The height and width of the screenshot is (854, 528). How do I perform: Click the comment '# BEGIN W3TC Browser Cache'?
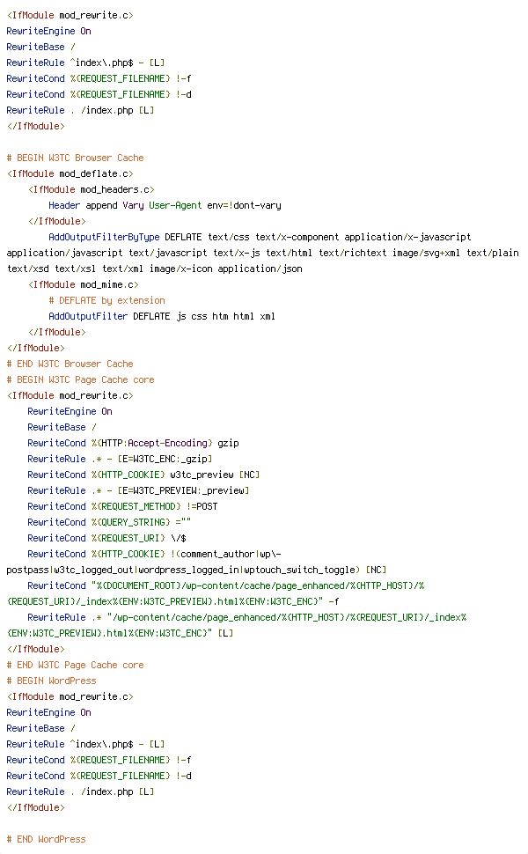(75, 158)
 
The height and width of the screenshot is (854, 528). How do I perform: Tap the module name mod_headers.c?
(115, 189)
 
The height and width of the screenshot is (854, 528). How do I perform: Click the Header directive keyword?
(64, 205)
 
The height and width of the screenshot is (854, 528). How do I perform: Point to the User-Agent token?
(175, 205)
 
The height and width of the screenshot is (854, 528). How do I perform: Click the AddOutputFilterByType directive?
(104, 237)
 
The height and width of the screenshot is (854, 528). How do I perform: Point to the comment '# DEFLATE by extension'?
(106, 300)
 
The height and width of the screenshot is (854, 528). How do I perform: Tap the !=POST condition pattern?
(202, 506)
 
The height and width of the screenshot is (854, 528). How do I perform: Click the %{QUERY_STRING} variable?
(130, 522)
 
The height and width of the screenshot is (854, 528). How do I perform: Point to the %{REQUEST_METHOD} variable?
(136, 506)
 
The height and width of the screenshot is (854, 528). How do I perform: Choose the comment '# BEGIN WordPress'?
(51, 681)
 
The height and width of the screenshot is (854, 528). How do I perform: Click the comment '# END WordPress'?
(46, 839)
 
